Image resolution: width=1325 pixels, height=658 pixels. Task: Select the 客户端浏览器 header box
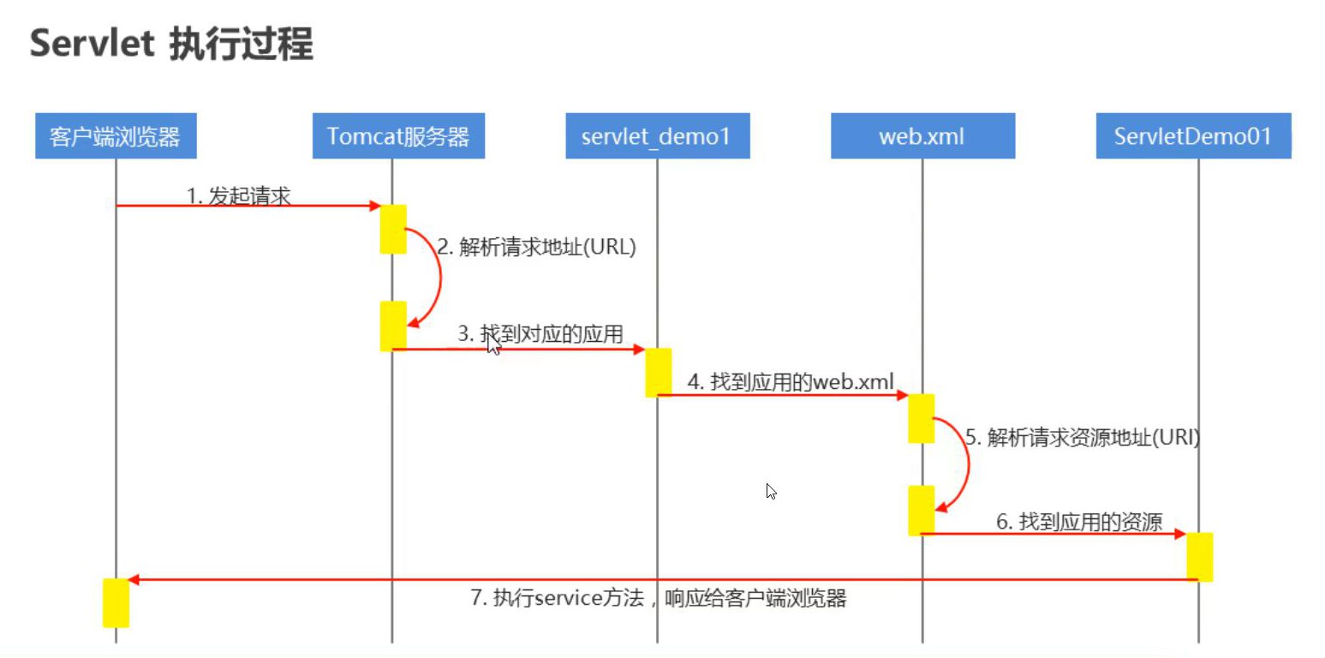click(116, 136)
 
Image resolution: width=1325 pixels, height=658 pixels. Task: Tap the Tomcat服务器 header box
click(398, 136)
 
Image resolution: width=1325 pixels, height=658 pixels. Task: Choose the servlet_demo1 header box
click(657, 136)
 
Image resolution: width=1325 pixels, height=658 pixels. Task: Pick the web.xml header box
click(922, 136)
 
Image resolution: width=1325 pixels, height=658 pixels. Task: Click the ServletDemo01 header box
click(1193, 136)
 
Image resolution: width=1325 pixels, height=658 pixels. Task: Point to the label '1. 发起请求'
click(239, 196)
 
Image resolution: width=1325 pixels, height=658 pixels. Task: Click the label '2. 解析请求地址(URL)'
click(536, 248)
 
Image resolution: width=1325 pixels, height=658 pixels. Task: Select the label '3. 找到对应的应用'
click(540, 334)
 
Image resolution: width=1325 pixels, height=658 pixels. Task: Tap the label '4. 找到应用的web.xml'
click(791, 382)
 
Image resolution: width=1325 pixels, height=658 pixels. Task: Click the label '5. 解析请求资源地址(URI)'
click(1083, 438)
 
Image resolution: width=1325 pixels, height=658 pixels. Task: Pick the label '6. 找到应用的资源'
click(1078, 522)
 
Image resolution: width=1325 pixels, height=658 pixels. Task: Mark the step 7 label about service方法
click(658, 599)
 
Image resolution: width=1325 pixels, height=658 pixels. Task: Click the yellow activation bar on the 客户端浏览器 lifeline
click(116, 602)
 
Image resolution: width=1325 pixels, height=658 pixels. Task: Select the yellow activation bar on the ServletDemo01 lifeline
click(1199, 556)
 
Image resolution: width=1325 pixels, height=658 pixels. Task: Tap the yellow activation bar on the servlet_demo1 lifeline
click(658, 372)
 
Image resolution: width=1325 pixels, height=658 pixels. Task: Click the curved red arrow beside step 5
click(966, 465)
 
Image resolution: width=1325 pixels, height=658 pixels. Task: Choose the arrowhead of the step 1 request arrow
click(374, 206)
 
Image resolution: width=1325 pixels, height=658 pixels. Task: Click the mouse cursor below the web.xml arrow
click(771, 491)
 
